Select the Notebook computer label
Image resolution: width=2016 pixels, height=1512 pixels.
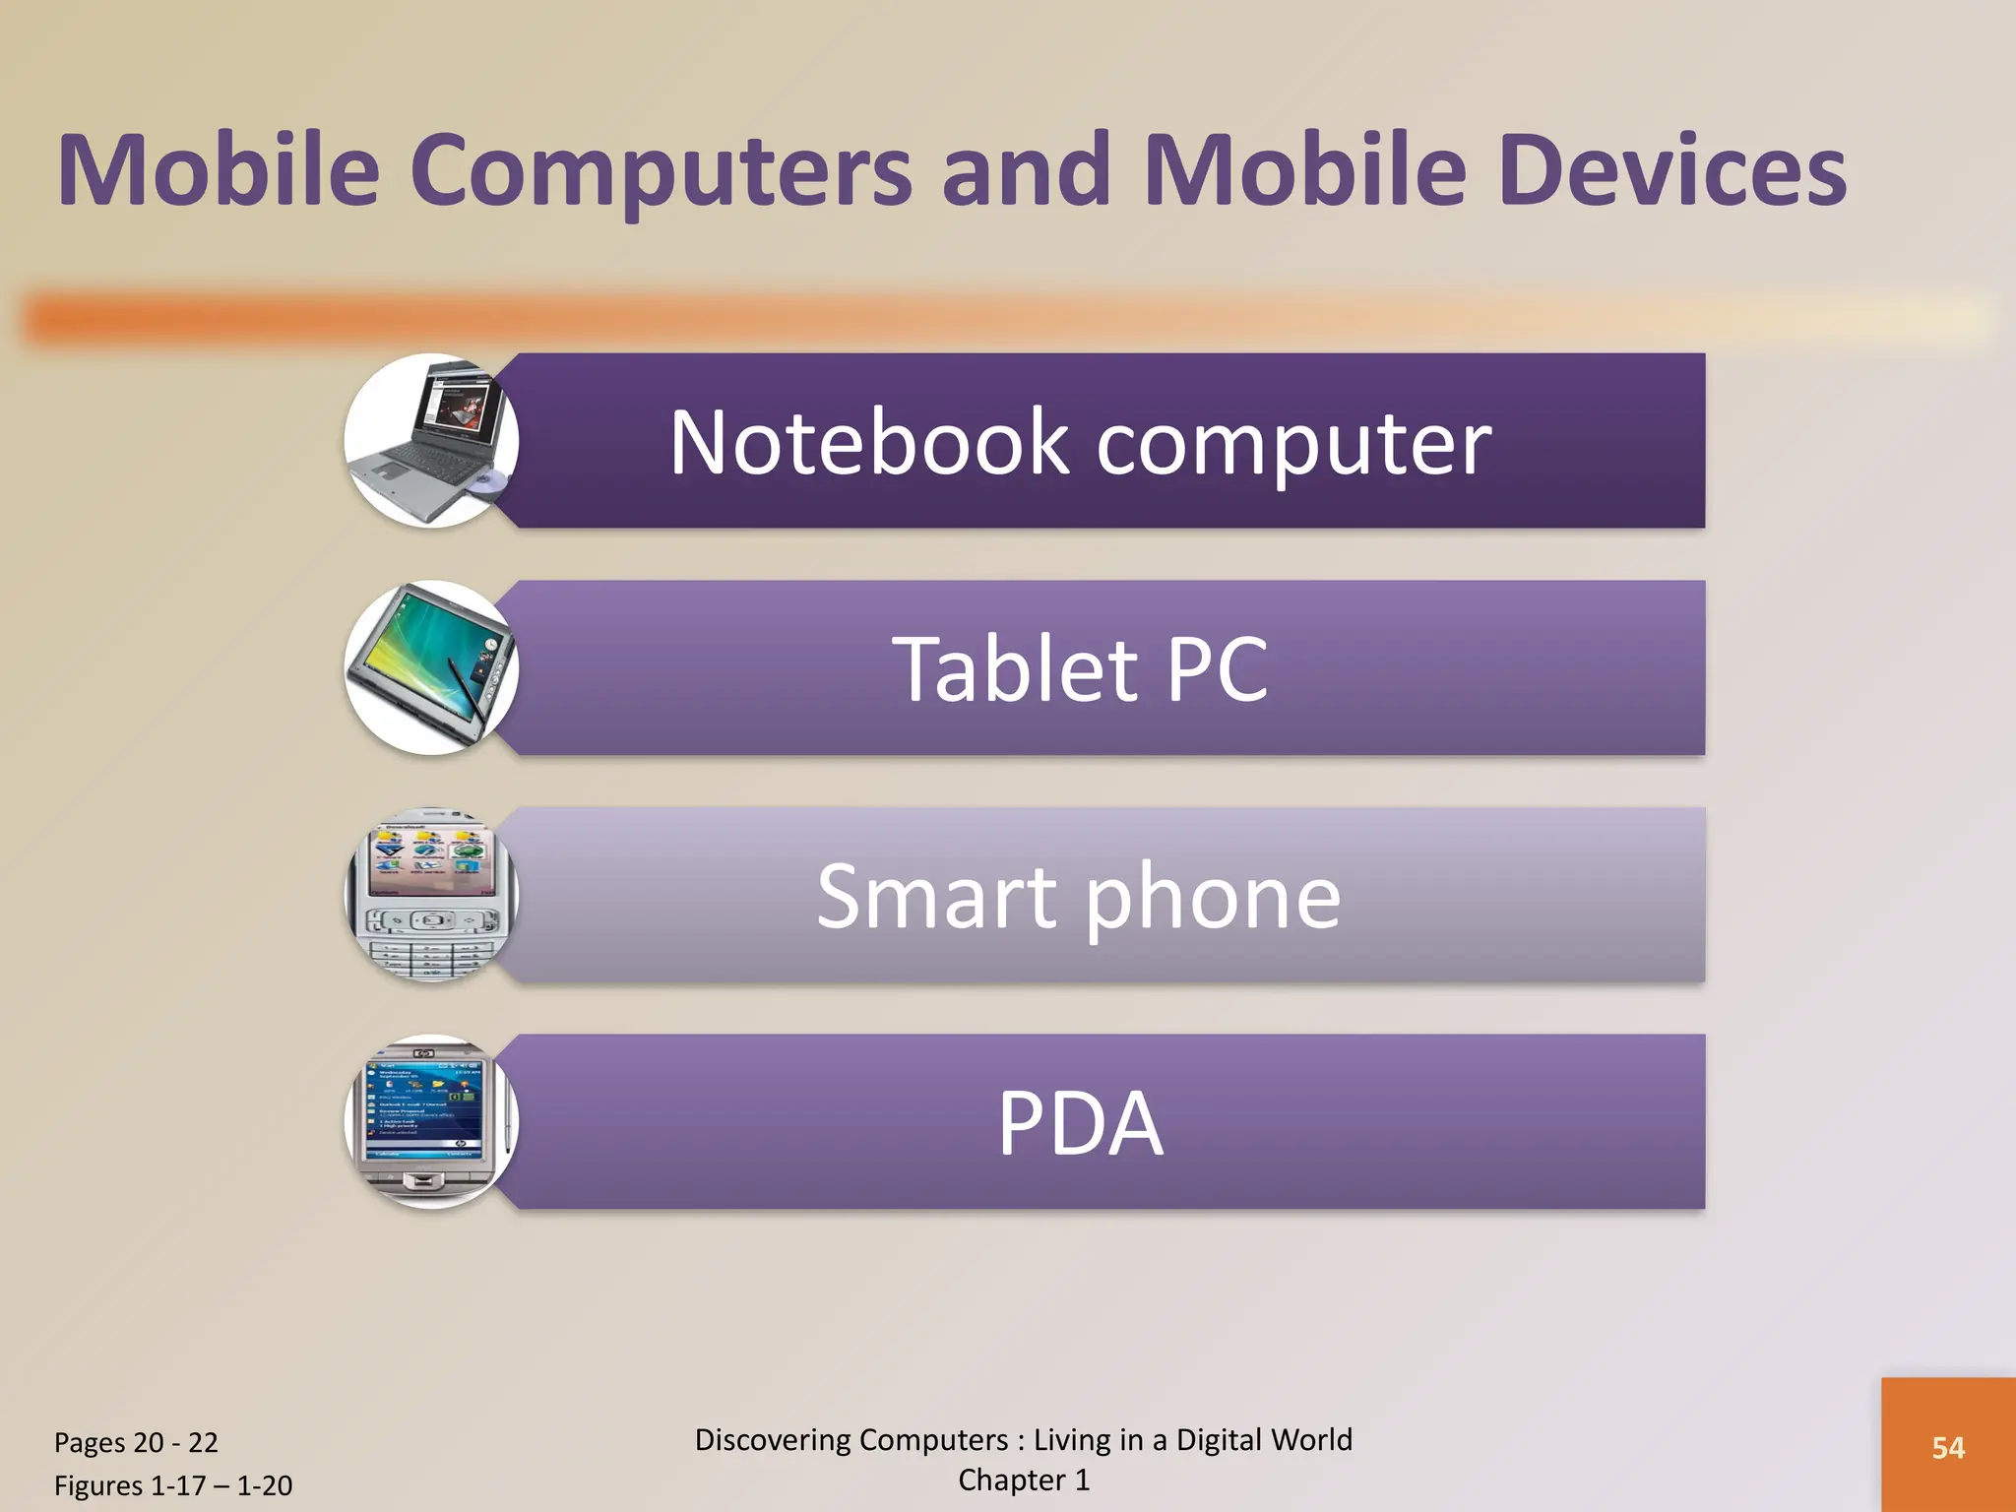1080,443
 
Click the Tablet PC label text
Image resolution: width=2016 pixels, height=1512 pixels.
1080,669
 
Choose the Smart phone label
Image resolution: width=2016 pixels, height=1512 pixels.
1079,897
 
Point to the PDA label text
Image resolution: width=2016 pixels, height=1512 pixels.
1080,1123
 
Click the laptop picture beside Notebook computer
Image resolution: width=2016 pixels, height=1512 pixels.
431,441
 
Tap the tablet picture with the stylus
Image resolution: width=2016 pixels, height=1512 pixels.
431,668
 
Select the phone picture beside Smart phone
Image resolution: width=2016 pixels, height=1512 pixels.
431,895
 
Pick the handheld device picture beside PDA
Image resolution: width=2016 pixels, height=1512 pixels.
431,1122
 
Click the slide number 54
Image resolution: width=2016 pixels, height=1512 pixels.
1948,1448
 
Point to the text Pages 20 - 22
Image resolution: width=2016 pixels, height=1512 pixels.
136,1443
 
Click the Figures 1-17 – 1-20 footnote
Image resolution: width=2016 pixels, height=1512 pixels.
173,1485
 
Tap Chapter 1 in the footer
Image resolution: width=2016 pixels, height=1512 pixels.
1024,1480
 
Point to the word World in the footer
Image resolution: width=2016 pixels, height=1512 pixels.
1312,1440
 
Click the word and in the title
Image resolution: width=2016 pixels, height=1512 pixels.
1027,171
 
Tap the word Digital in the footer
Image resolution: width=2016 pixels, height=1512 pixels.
1218,1440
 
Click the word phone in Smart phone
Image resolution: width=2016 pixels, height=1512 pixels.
1213,897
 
